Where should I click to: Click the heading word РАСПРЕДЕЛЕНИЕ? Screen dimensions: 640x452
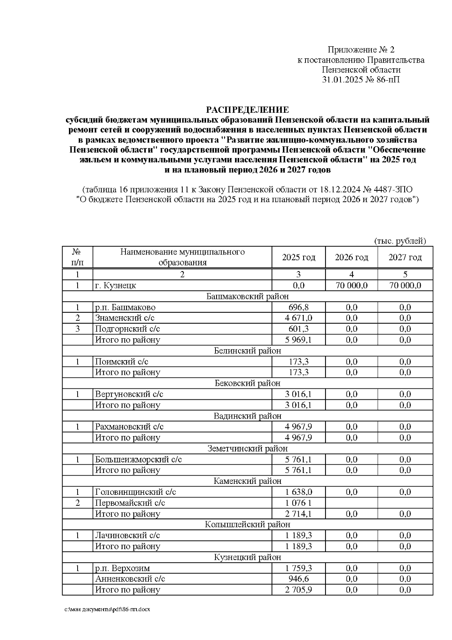point(247,110)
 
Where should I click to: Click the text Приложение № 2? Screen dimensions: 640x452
point(361,50)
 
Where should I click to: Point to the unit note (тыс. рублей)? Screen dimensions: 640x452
point(400,241)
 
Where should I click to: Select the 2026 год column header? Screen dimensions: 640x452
point(351,258)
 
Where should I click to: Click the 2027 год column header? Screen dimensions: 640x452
point(405,258)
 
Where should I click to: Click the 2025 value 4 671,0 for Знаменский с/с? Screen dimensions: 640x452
point(298,318)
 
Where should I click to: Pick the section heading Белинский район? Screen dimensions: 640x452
point(247,351)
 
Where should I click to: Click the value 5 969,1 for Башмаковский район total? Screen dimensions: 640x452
point(298,340)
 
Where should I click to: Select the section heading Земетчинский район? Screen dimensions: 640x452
point(247,449)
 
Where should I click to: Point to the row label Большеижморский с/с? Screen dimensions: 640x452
point(138,460)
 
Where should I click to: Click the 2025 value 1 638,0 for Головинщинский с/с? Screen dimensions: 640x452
point(298,492)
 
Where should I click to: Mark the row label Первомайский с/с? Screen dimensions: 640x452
point(130,503)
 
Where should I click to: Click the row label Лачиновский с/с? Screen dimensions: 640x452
point(127,536)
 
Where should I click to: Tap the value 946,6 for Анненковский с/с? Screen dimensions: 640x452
point(298,579)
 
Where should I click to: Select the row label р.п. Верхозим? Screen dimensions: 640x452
point(122,568)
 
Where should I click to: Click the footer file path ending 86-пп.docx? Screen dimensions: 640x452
point(107,609)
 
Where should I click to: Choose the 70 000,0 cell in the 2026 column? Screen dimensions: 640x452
point(351,285)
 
